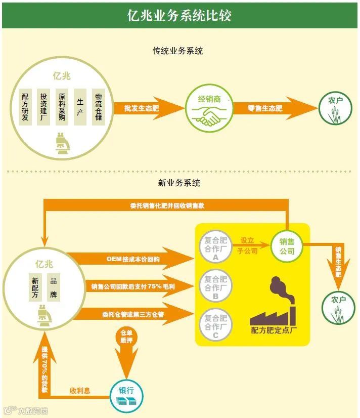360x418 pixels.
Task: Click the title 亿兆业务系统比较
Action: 179,15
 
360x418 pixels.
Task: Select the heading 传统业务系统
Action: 178,51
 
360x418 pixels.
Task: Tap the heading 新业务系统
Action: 179,183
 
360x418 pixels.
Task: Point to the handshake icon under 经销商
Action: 209,117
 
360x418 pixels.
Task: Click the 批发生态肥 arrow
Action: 147,108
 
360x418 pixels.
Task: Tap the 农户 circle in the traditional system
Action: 336,108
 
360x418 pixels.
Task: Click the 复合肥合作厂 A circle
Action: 215,246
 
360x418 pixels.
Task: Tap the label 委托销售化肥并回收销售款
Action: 167,205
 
